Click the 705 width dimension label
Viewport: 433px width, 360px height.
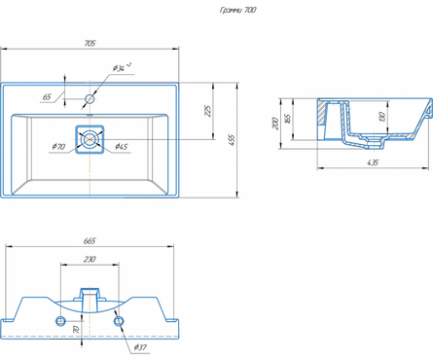coord(90,43)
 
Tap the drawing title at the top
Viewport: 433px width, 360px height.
coord(238,10)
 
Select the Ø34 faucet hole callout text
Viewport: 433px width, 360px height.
coord(122,67)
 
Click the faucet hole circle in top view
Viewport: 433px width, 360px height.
coord(90,98)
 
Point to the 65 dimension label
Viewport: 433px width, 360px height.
coord(47,96)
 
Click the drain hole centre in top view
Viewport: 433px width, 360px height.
coord(90,139)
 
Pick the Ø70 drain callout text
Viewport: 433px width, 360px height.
coord(58,147)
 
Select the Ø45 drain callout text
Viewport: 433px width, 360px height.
coord(122,147)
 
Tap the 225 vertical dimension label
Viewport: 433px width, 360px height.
coord(208,111)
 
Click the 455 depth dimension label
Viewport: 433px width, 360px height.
coord(232,140)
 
